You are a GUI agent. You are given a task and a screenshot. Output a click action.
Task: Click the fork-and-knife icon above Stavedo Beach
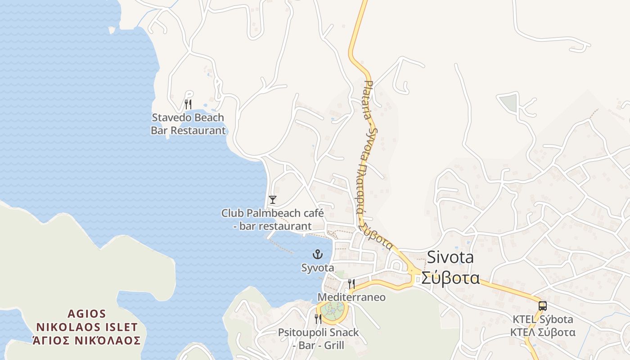[x=188, y=104]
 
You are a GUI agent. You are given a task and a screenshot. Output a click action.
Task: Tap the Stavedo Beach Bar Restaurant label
[x=188, y=124]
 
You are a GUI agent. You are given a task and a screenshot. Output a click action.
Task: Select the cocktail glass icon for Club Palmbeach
[x=272, y=199]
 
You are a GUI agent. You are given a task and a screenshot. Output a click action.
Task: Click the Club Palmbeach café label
[x=272, y=219]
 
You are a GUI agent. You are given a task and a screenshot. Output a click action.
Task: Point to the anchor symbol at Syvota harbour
[x=318, y=255]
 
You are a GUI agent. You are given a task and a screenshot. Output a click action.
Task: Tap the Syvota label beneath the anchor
[x=318, y=268]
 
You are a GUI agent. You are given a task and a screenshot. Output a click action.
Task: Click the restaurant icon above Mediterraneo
[x=351, y=283]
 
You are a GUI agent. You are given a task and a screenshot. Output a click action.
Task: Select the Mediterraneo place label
[x=351, y=297]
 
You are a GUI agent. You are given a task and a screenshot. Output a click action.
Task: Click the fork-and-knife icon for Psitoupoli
[x=318, y=319]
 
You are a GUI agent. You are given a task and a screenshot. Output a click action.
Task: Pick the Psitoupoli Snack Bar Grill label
[x=318, y=339]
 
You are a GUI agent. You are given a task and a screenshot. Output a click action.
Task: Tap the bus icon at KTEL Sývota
[x=543, y=306]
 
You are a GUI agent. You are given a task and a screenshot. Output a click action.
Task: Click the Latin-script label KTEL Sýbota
[x=543, y=319]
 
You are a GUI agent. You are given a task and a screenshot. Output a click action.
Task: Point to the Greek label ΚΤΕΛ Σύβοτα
[x=543, y=333]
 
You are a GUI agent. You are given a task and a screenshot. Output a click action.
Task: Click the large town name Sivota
[x=450, y=257]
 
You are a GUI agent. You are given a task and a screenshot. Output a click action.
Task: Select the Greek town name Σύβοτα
[x=450, y=278]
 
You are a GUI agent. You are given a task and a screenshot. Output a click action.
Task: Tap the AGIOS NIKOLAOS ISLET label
[x=87, y=320]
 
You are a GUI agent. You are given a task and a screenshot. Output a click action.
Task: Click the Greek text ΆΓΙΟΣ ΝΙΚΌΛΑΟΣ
[x=87, y=340]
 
